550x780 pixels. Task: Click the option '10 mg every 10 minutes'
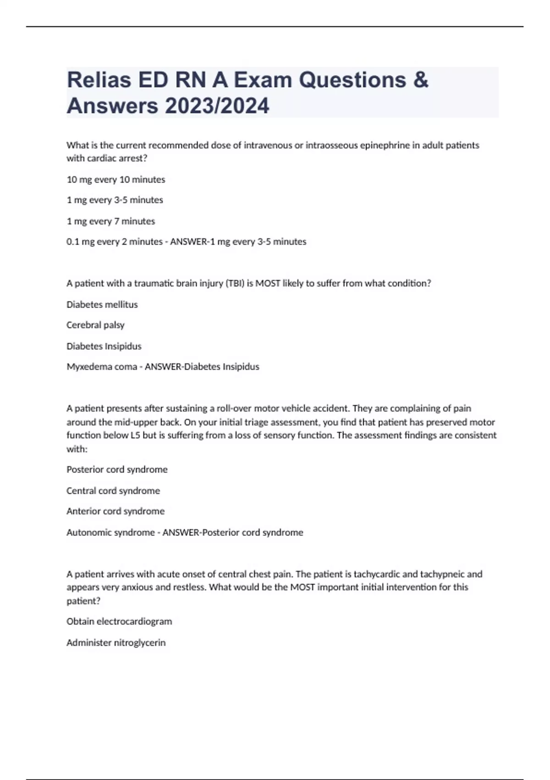click(116, 179)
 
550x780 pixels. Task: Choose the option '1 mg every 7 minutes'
click(111, 221)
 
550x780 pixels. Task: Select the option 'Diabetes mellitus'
click(102, 305)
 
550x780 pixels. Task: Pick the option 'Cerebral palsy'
click(95, 325)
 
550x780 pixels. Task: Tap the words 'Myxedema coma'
click(102, 367)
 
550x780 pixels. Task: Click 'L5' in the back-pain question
click(135, 435)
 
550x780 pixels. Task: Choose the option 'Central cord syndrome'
click(113, 490)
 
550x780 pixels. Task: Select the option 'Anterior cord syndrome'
click(115, 511)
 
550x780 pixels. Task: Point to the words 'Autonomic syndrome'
click(110, 532)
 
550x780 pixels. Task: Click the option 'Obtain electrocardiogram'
click(119, 621)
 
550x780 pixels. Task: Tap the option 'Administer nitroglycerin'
click(116, 642)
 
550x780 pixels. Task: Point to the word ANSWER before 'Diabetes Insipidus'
click(163, 367)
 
